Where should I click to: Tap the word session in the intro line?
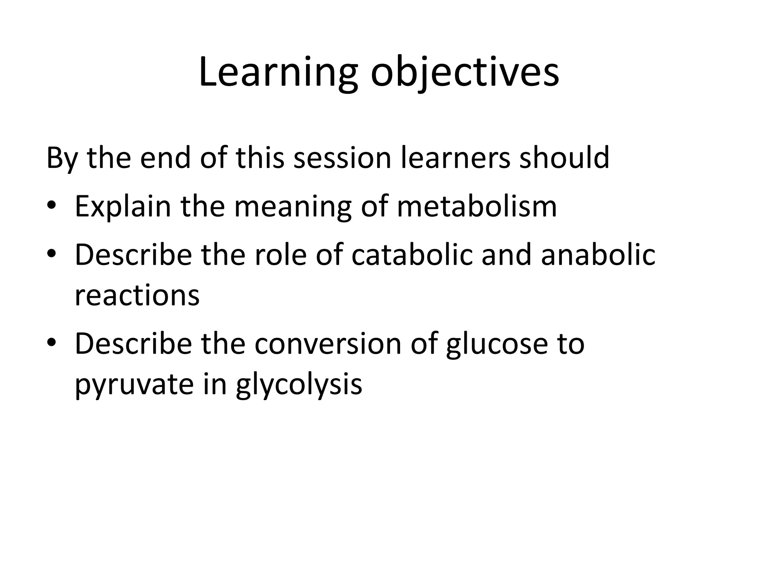(342, 158)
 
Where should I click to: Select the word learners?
(456, 158)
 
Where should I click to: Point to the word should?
(564, 158)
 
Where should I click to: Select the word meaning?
(293, 207)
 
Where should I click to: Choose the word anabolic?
(598, 255)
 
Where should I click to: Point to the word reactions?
(137, 295)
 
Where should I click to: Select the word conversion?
(328, 344)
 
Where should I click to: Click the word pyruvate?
(134, 385)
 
